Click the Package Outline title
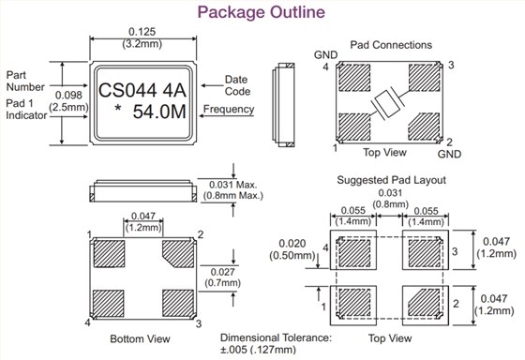pyautogui.click(x=262, y=12)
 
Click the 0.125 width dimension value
pyautogui.click(x=142, y=32)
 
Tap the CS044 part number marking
pyautogui.click(x=127, y=90)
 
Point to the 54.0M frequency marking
pyautogui.click(x=159, y=112)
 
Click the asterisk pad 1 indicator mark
pyautogui.click(x=117, y=109)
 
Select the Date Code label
pyautogui.click(x=237, y=85)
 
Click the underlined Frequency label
pyautogui.click(x=229, y=109)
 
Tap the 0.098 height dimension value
pyautogui.click(x=68, y=95)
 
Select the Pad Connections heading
pyautogui.click(x=391, y=45)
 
